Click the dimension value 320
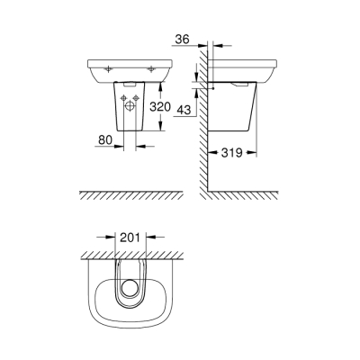pyautogui.click(x=159, y=106)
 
